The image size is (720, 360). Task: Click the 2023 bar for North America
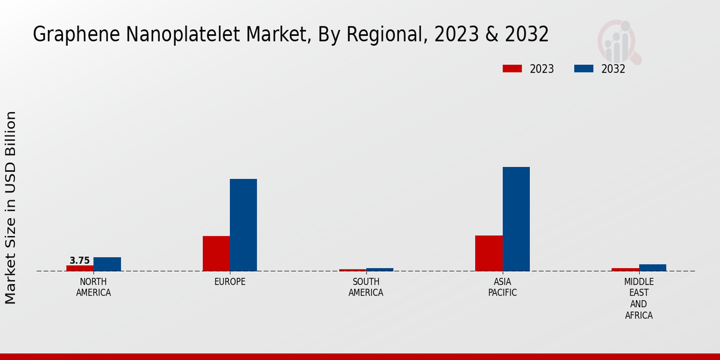[x=80, y=268]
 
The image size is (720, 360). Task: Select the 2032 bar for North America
[x=107, y=264]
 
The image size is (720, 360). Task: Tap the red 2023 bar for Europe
[x=216, y=253]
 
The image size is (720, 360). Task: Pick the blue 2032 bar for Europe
[x=243, y=225]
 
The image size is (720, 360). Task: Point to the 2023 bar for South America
[x=352, y=270]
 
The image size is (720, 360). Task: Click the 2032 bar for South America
[x=380, y=269]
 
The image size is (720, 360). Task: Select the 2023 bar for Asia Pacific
[x=488, y=253]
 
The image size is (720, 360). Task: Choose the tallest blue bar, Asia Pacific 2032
[x=516, y=219]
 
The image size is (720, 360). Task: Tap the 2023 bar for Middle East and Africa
[x=625, y=269]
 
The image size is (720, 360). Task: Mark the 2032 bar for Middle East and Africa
[x=652, y=268]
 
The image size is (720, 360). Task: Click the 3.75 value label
[x=80, y=260]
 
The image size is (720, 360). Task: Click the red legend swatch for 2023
[x=512, y=68]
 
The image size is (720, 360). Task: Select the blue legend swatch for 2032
[x=583, y=68]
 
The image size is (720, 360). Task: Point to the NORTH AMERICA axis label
[x=94, y=287]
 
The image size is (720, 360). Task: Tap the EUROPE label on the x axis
[x=230, y=281]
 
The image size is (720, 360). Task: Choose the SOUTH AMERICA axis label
[x=366, y=287]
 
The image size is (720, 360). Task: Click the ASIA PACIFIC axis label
[x=502, y=287]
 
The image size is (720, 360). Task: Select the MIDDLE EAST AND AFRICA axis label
[x=638, y=298]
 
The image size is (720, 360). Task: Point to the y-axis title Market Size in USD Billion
[x=11, y=207]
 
